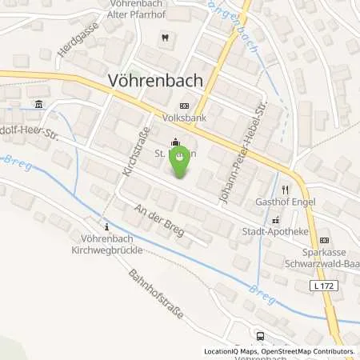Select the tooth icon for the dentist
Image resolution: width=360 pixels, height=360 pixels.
pos(163,37)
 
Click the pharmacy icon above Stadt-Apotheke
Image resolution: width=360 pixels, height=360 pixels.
pos(277,221)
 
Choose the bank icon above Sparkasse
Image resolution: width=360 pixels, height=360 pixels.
pos(323,239)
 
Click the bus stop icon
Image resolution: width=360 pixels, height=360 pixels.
pos(260,336)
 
